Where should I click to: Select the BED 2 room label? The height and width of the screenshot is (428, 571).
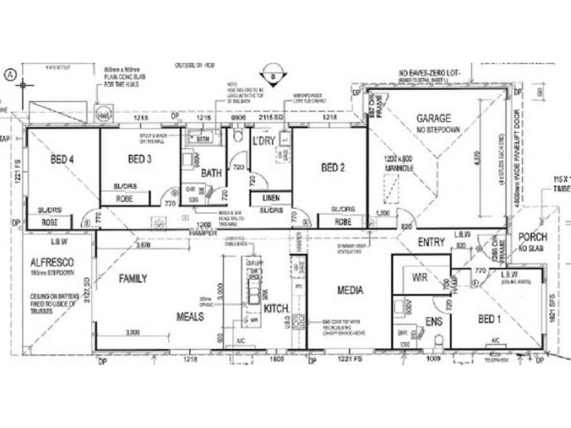point(333,168)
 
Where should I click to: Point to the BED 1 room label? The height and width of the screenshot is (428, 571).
point(489,319)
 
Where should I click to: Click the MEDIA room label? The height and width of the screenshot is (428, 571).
point(347,290)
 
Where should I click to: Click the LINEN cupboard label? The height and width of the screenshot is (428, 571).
point(271,197)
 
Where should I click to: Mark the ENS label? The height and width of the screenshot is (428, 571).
point(433,322)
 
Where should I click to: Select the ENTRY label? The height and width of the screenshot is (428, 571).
point(432,242)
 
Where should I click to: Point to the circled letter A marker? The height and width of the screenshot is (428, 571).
point(9,73)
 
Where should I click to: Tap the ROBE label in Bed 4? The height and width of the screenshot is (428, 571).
point(49,223)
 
